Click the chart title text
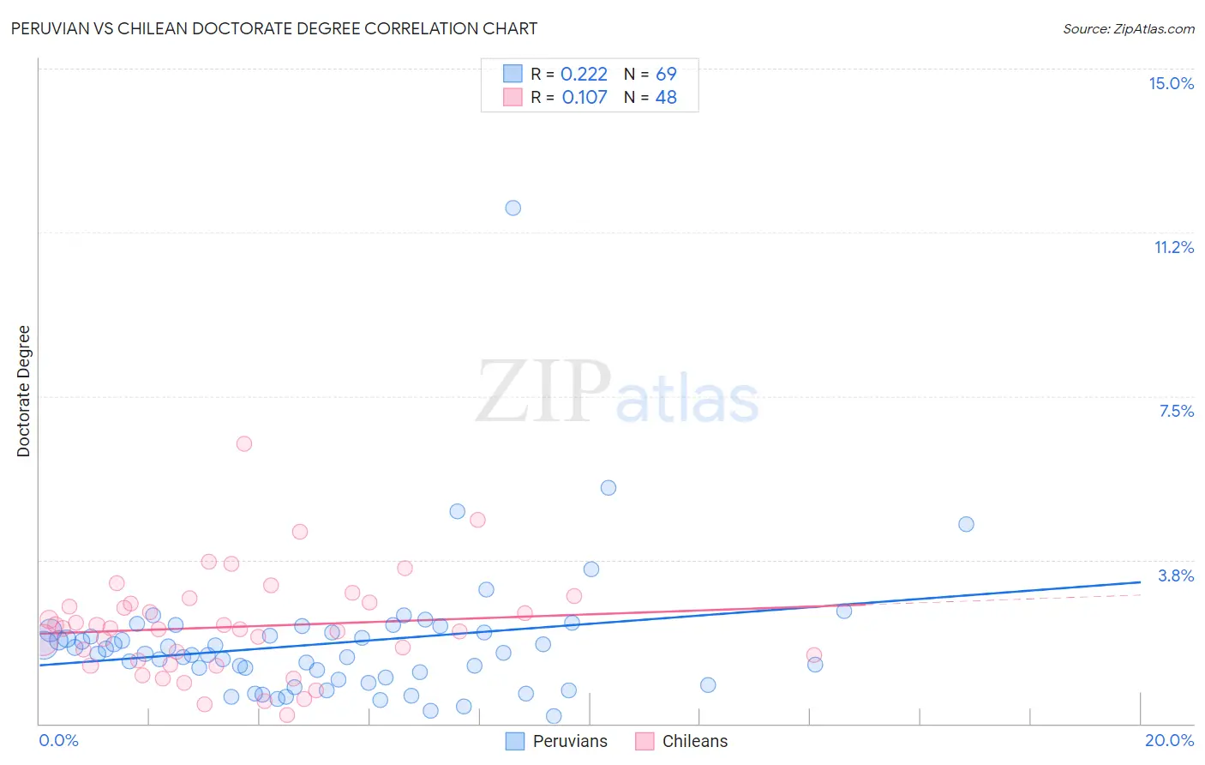click(274, 28)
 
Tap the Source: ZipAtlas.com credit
click(1128, 28)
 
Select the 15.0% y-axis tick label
click(1171, 83)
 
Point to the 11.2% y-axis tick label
click(1173, 247)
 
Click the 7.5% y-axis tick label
click(1176, 411)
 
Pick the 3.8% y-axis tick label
click(1176, 575)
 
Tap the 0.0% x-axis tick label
click(58, 740)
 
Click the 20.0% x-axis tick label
click(1169, 740)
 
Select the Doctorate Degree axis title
click(23, 391)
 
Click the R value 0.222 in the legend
click(584, 75)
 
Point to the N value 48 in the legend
click(666, 98)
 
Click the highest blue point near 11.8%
click(513, 208)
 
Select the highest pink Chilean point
click(244, 443)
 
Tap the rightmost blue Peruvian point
click(966, 524)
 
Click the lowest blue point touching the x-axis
click(554, 716)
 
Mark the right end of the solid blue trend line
click(1140, 582)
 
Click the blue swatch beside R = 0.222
click(513, 74)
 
